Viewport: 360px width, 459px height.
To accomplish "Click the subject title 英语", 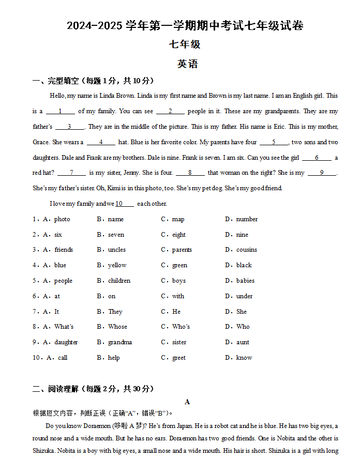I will point(187,64).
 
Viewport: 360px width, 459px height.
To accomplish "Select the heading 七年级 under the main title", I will point(185,44).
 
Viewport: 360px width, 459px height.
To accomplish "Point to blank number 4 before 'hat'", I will point(101,142).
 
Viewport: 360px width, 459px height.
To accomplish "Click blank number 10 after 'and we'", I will point(124,204).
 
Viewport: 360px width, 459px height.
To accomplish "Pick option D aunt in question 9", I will point(243,342).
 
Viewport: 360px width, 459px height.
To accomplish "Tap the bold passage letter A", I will point(187,402).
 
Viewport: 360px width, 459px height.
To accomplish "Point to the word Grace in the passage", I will point(40,142).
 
